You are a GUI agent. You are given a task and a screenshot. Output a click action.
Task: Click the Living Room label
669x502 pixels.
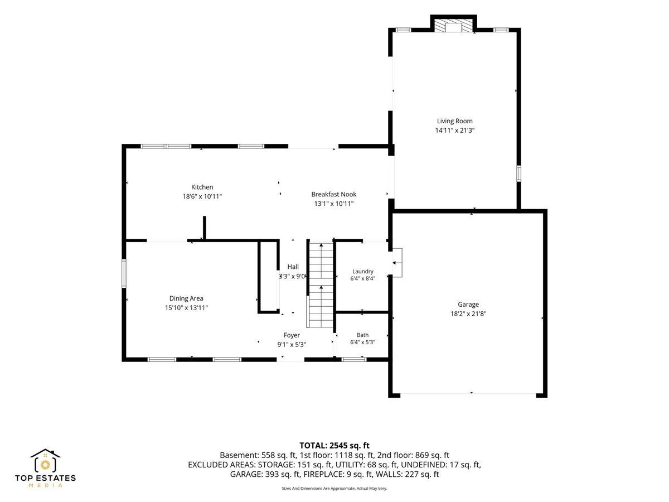454,121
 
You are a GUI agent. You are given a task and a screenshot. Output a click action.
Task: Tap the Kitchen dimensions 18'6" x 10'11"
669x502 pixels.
202,196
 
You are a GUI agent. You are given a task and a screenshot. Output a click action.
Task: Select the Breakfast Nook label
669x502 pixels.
334,194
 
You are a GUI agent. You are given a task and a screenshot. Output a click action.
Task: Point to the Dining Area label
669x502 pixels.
186,298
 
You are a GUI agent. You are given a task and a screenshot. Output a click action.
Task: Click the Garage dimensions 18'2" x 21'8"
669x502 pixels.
468,313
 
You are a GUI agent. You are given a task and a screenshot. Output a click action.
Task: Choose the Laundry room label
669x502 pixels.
363,271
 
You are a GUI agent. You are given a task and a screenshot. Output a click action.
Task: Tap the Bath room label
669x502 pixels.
363,335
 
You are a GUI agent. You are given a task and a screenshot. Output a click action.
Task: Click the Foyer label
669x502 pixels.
292,335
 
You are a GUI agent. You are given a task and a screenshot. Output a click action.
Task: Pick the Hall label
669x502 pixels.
293,267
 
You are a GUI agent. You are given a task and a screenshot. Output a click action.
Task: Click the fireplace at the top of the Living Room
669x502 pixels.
453,23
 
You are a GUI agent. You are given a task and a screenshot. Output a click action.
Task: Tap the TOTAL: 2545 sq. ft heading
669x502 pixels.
334,446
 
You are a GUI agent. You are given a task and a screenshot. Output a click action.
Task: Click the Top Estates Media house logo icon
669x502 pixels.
45,460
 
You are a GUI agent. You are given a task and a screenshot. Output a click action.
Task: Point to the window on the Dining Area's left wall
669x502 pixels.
124,273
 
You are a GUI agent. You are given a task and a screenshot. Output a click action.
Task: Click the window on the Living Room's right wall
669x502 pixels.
518,173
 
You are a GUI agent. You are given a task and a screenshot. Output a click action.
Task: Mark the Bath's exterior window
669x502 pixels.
353,360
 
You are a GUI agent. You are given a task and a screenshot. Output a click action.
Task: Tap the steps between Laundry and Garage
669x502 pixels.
397,263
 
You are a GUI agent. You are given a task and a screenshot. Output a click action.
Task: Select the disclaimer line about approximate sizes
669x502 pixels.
334,488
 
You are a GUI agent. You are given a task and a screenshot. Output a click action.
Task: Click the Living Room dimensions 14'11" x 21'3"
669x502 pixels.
455,131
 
